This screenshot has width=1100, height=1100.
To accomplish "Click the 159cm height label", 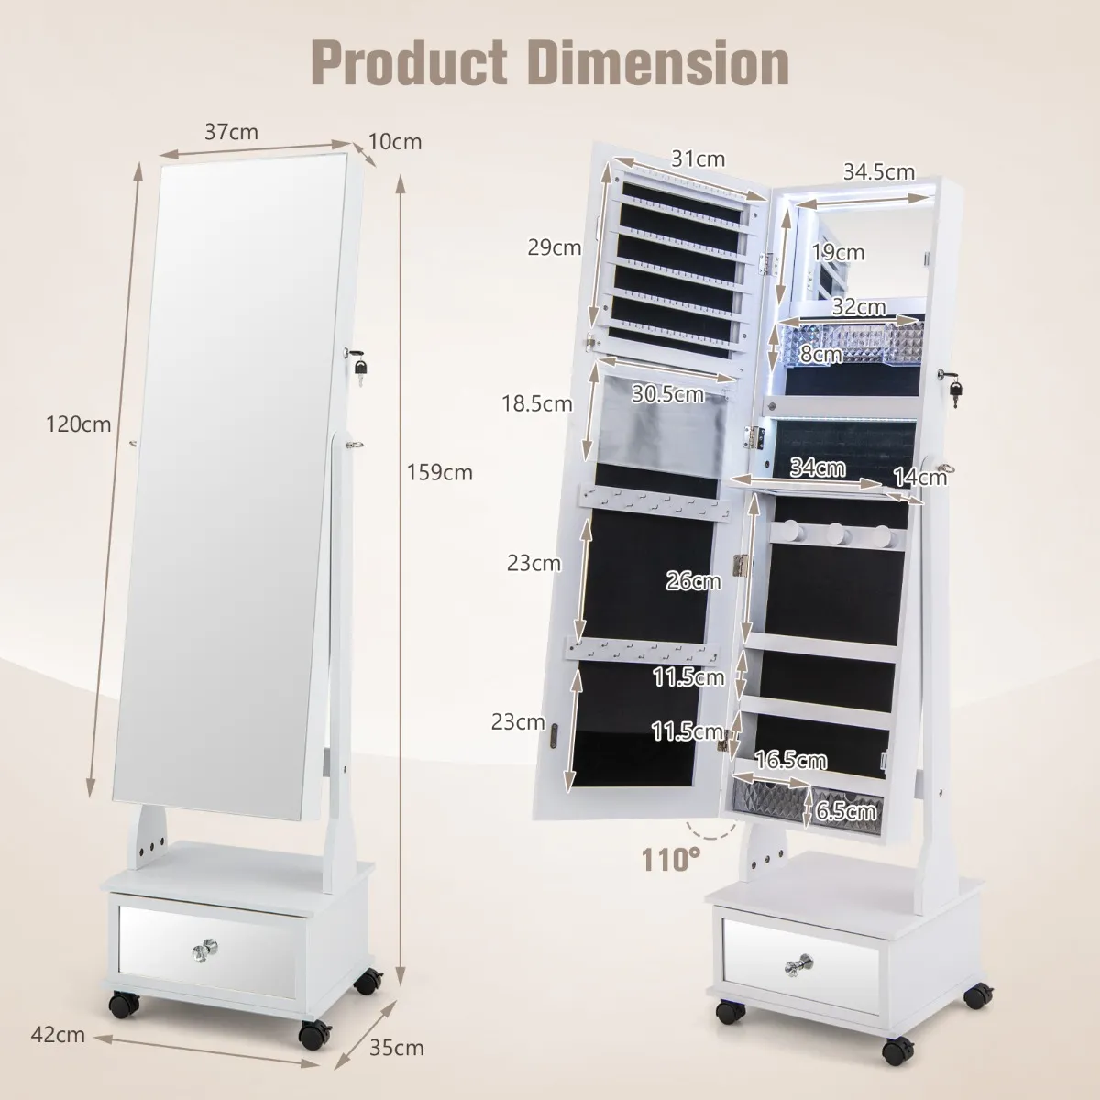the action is point(440,473).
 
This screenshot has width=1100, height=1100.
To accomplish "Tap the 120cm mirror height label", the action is point(78,424).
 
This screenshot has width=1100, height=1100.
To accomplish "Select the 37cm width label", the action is point(231,132).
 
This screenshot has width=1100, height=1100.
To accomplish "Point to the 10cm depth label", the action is point(395,141).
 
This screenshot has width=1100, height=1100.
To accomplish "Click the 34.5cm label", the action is point(879,171).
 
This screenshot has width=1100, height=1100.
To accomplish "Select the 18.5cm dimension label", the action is point(536,403).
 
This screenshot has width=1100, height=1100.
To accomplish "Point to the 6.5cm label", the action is point(845,810).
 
